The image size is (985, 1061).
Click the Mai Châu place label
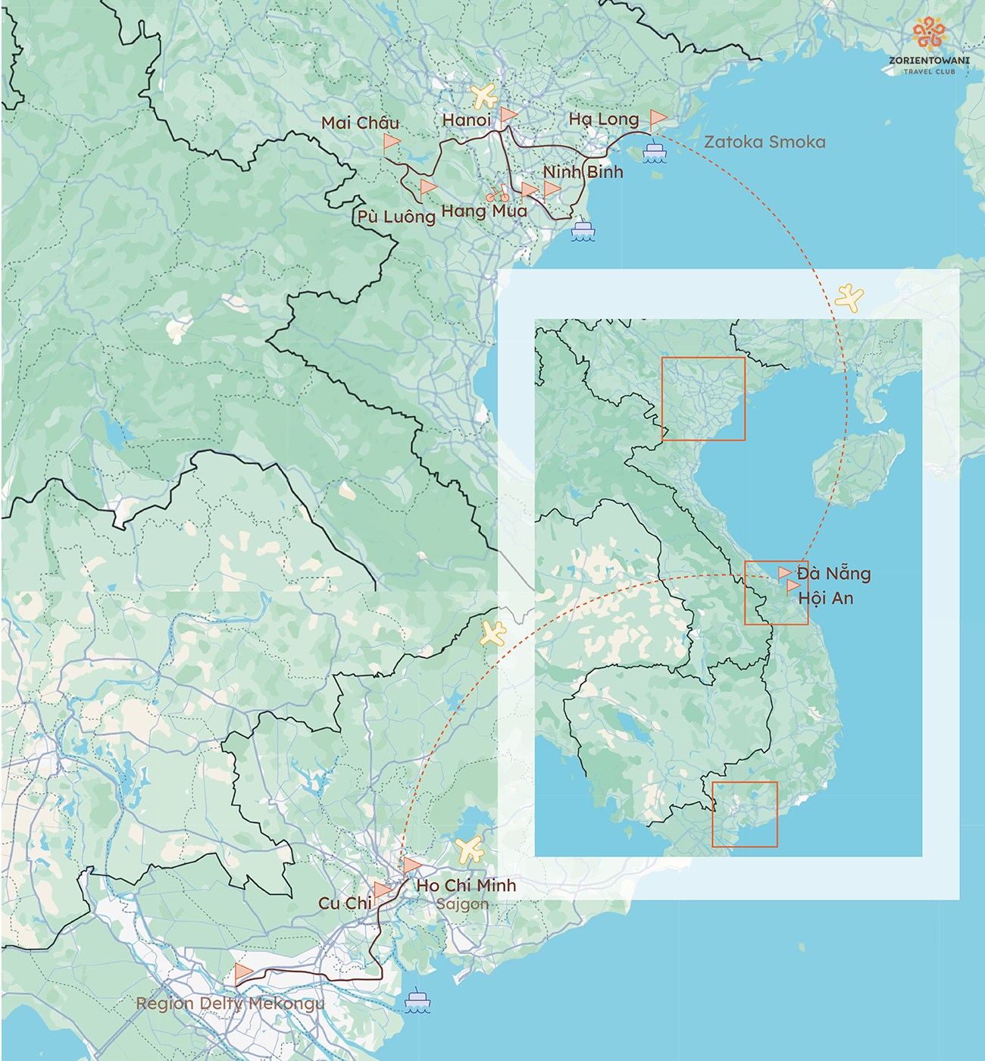tap(360, 124)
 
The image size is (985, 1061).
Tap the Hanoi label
tap(467, 120)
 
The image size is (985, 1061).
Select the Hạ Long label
tap(604, 119)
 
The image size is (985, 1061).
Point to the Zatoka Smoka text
tap(765, 142)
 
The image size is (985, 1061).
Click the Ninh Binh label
tap(583, 172)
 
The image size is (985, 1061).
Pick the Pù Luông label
tap(396, 217)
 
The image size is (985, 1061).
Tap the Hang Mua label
tap(484, 211)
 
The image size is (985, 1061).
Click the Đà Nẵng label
tap(833, 574)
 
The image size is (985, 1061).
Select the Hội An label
tap(826, 598)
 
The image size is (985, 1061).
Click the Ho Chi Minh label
tap(466, 885)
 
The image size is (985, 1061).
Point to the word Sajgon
tap(462, 903)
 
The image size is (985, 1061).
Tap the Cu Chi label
tap(345, 903)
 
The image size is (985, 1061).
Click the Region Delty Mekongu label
tap(230, 1003)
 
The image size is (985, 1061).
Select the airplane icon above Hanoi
tap(483, 96)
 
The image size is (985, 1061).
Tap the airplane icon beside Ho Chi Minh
tap(470, 850)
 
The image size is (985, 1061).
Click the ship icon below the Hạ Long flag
tap(654, 152)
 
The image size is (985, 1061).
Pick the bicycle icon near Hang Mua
tap(497, 194)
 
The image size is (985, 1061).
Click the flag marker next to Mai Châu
tap(391, 142)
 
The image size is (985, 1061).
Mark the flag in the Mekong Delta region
tap(243, 972)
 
